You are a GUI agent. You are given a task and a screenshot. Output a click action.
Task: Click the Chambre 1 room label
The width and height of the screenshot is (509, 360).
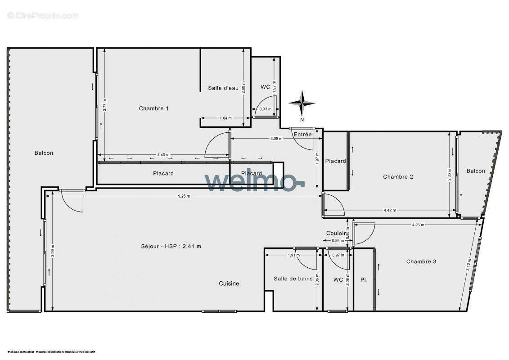click(153, 108)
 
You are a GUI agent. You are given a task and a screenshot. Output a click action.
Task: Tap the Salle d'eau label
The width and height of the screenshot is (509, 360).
click(223, 88)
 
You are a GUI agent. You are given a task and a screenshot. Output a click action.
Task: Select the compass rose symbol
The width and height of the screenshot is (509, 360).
click(302, 103)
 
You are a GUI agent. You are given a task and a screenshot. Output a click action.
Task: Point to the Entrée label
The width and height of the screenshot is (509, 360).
click(302, 135)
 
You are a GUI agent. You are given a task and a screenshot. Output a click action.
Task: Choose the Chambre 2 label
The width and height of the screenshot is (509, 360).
click(398, 177)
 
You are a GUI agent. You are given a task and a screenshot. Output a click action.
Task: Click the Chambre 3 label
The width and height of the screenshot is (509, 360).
click(421, 261)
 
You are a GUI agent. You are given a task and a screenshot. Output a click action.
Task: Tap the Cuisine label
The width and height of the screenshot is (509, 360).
click(229, 283)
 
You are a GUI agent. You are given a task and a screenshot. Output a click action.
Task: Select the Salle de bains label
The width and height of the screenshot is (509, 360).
click(293, 279)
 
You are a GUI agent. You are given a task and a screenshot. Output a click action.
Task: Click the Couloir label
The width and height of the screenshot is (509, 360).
click(337, 233)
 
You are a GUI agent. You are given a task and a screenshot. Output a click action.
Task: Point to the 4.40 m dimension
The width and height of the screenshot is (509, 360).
click(163, 155)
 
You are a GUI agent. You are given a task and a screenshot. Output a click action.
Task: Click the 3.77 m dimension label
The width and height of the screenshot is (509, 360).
click(104, 105)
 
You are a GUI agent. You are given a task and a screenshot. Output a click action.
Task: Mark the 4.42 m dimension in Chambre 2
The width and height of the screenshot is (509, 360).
click(390, 210)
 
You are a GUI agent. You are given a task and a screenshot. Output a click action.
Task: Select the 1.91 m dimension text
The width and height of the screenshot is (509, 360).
click(293, 255)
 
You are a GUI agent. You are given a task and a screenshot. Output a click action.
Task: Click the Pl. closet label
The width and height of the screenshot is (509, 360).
click(364, 280)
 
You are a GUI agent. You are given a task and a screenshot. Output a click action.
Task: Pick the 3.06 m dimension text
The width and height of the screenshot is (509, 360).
click(276, 139)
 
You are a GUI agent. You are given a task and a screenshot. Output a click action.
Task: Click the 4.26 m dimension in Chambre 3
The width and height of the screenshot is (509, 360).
click(418, 225)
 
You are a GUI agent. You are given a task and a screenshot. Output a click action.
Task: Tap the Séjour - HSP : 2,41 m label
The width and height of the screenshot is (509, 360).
click(171, 246)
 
